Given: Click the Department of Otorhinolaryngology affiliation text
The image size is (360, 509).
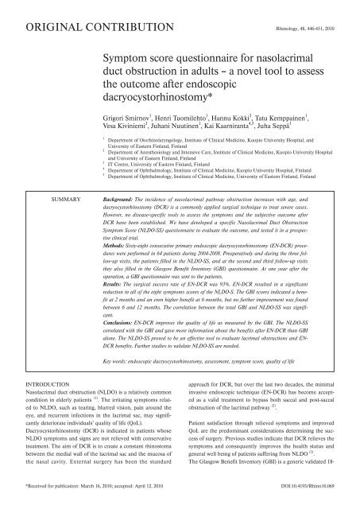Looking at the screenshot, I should [207, 169].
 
